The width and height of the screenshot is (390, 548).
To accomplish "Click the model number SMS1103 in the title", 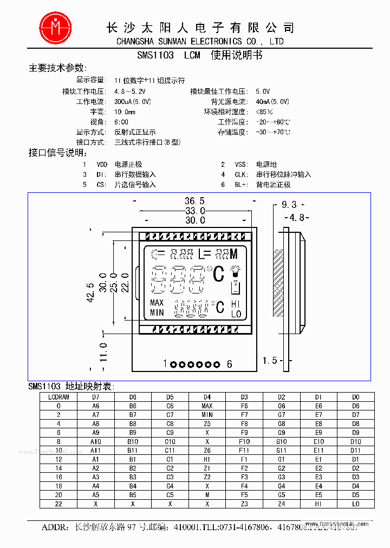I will [x=155, y=55].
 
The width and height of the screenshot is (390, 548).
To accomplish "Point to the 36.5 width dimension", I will [x=194, y=201].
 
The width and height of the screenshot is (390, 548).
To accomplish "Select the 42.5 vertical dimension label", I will [x=90, y=292].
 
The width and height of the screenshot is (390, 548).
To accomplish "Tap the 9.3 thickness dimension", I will [x=289, y=205].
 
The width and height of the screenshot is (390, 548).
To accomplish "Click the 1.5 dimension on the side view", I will [x=270, y=361].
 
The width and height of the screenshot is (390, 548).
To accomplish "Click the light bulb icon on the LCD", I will [x=236, y=270].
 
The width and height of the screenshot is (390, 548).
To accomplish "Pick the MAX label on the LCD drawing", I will [x=157, y=303].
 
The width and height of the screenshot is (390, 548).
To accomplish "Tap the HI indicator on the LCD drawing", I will [x=236, y=304].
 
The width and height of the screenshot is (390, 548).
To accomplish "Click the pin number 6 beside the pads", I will [x=229, y=364].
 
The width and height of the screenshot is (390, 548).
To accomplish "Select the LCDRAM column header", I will [x=58, y=397].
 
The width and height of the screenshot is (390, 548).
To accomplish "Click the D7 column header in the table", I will [x=96, y=397].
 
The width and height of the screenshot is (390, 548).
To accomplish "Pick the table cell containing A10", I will [x=96, y=441].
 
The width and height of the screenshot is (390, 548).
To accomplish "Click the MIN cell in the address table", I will [x=207, y=415].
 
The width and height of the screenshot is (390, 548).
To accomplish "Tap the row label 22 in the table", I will [x=58, y=504].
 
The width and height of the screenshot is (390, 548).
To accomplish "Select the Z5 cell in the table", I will [x=207, y=423].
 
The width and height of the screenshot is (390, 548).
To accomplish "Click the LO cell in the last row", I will [x=355, y=504].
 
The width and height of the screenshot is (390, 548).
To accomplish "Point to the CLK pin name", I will [x=241, y=174].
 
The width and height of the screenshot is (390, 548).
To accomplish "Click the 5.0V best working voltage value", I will [x=263, y=92].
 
